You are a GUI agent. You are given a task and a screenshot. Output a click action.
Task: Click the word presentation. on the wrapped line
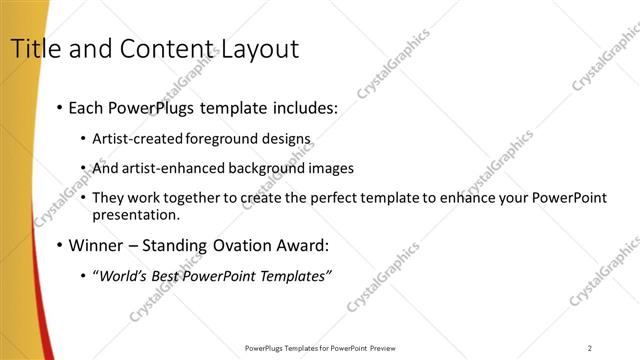pos(136,214)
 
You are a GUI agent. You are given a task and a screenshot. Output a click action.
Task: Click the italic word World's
pos(120,276)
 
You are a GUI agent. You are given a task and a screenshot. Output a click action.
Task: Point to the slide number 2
pos(590,348)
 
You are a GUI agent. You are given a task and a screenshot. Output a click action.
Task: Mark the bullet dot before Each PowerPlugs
pos(61,106)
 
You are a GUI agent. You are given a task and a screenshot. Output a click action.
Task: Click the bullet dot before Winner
pos(61,245)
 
